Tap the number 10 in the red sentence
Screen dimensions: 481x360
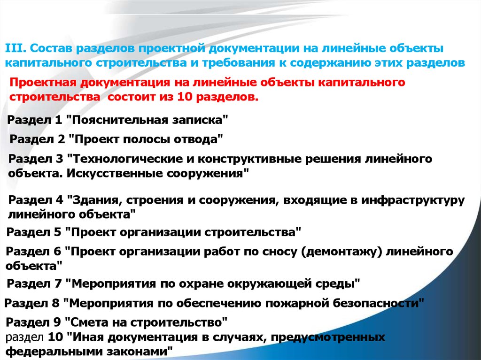(x=184, y=97)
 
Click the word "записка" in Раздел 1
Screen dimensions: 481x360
(x=200, y=120)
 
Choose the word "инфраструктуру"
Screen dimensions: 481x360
(x=413, y=200)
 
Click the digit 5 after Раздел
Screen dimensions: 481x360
(x=58, y=232)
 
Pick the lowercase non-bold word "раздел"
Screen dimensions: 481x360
(x=24, y=337)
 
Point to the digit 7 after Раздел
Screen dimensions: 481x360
(x=58, y=283)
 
